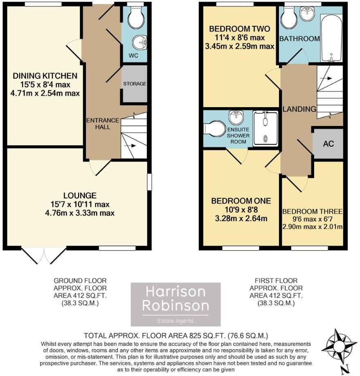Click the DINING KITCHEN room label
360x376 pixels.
click(45, 76)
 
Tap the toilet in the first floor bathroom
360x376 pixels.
click(290, 16)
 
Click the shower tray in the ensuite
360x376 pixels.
click(265, 129)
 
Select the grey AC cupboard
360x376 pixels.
click(328, 144)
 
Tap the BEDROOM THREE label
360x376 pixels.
click(312, 211)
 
